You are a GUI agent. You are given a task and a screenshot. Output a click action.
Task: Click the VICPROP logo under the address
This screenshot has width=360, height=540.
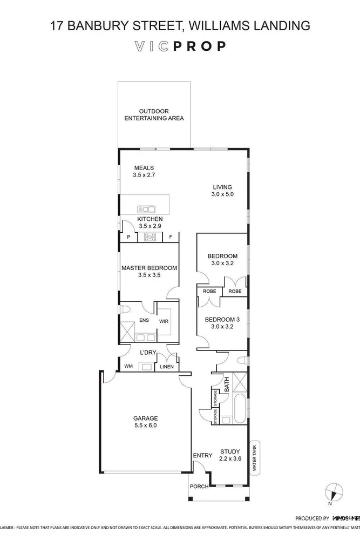(180, 46)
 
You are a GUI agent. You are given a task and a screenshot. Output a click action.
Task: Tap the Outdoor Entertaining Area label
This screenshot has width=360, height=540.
(154, 114)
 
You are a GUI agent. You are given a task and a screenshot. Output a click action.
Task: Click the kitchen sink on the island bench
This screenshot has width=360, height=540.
(146, 208)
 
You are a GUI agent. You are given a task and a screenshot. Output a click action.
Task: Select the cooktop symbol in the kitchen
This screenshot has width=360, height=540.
(150, 237)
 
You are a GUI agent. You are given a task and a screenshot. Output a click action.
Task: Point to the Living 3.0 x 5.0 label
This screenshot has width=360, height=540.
(222, 190)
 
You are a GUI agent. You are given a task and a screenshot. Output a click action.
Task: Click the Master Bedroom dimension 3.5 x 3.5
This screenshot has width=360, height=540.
(150, 275)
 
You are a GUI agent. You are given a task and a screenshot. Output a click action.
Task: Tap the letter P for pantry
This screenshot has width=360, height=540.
(128, 237)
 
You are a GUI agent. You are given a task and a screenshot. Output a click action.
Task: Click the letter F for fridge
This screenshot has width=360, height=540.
(171, 237)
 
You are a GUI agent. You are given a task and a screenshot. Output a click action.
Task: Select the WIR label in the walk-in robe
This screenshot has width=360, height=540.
(164, 321)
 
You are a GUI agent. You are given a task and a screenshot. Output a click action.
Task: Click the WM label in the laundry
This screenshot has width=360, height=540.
(128, 367)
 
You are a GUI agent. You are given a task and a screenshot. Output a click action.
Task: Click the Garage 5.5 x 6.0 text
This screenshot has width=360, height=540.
(146, 422)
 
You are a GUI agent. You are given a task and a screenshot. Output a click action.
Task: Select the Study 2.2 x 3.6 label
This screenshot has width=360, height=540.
(230, 455)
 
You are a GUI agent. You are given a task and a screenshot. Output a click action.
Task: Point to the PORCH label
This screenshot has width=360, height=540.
(198, 487)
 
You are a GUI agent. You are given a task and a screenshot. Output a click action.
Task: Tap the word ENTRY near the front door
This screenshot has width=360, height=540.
(202, 456)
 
